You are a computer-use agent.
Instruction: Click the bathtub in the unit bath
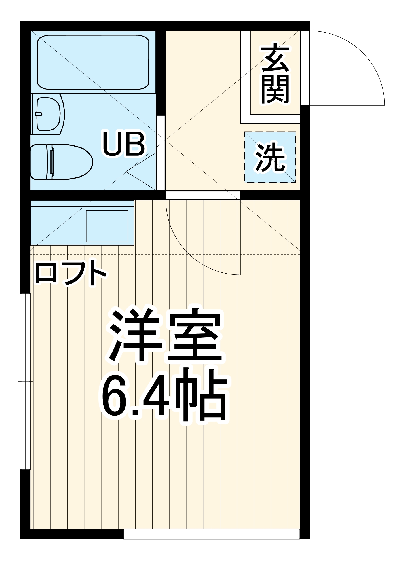tap(93, 62)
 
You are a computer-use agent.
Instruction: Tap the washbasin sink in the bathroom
tap(49, 114)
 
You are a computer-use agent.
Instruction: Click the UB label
tap(124, 144)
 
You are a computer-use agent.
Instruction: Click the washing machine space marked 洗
tap(270, 157)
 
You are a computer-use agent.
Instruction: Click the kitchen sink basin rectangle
tap(107, 226)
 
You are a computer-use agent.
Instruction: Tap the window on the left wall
tap(25, 382)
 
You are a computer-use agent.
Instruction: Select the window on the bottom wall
tap(212, 534)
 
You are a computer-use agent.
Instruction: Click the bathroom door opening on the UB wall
tap(161, 153)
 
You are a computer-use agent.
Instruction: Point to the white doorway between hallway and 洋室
tap(203, 195)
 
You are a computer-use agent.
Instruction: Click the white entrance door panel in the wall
tap(305, 68)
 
